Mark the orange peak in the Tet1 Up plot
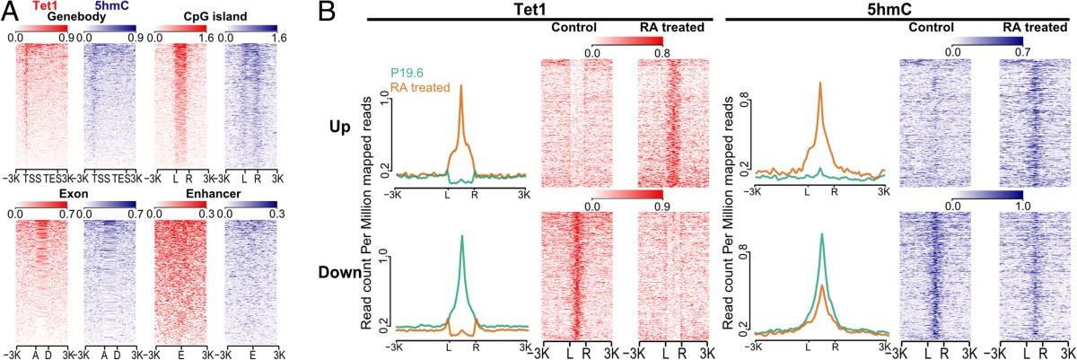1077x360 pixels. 461,86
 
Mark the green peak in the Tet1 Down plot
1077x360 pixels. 461,236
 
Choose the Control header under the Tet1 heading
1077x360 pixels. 574,29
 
